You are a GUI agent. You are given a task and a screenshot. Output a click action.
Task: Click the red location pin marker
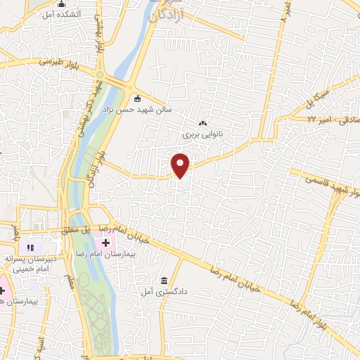(181, 165)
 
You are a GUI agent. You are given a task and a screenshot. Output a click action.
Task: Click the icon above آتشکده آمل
(61, 4)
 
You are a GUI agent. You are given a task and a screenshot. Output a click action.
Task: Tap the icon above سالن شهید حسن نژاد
(136, 98)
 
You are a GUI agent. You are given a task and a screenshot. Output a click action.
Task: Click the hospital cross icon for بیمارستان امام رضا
(105, 243)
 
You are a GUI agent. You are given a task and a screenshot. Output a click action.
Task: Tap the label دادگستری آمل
(157, 290)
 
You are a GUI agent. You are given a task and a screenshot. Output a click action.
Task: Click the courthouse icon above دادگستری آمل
(164, 280)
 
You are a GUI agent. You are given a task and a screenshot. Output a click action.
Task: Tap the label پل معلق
(75, 230)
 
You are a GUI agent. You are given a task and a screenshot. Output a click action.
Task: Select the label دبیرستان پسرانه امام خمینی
(28, 263)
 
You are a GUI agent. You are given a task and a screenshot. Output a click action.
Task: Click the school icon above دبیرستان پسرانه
(30, 247)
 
